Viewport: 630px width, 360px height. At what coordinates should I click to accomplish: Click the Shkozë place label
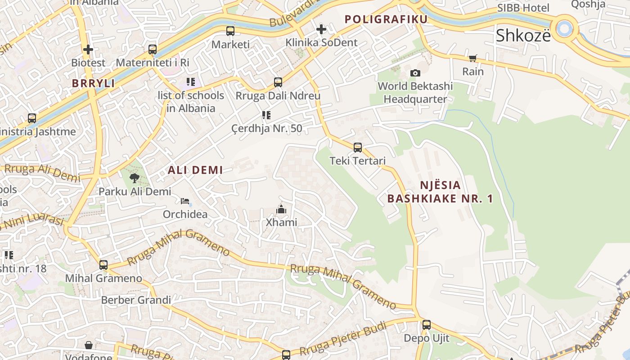[x=523, y=36]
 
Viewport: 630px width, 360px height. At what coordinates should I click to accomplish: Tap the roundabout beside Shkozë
[x=564, y=28]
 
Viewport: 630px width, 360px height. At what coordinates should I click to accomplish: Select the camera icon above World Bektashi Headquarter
[x=415, y=73]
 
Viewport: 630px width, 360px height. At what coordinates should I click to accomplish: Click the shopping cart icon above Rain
[x=472, y=58]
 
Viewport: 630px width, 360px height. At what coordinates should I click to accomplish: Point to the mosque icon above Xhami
[x=281, y=209]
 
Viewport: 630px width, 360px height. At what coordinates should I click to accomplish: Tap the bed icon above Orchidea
[x=185, y=201]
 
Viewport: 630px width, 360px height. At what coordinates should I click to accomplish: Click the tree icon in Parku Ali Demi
[x=134, y=178]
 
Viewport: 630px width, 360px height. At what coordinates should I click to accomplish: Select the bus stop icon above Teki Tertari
[x=358, y=147]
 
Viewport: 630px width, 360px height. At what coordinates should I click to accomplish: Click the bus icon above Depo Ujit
[x=426, y=324]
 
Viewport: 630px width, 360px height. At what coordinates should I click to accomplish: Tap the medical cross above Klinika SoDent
[x=321, y=29]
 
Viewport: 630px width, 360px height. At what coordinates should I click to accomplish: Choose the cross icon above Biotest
[x=88, y=49]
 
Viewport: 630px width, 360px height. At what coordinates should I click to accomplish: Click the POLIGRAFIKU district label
[x=386, y=19]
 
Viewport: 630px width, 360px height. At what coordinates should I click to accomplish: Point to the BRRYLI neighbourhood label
[x=94, y=83]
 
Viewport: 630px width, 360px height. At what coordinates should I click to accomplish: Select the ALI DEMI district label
[x=195, y=170]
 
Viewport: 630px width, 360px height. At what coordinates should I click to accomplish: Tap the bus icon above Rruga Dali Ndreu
[x=278, y=82]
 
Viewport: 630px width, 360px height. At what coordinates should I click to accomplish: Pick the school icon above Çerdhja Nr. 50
[x=266, y=115]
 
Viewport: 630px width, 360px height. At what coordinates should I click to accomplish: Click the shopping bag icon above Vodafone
[x=89, y=345]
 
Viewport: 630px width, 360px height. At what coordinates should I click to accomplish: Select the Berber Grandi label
[x=136, y=300]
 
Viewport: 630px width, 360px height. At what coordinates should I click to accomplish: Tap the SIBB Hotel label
[x=523, y=8]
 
